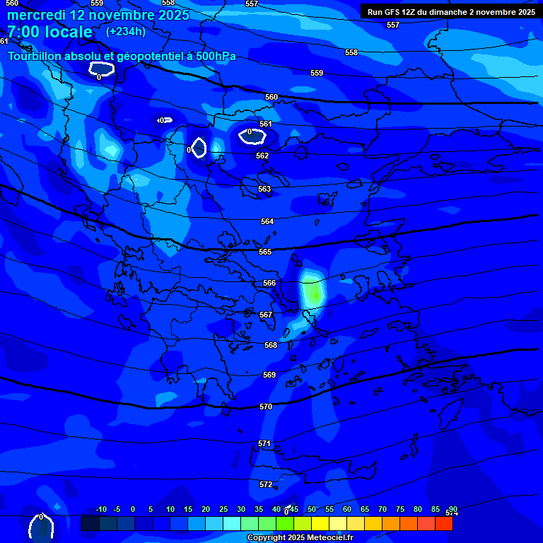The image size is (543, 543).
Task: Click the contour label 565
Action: click(x=265, y=252)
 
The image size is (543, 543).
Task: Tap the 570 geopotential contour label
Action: click(x=266, y=407)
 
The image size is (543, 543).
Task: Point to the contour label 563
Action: click(x=264, y=189)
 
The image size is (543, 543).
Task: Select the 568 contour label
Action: click(x=271, y=346)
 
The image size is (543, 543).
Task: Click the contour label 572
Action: click(x=266, y=485)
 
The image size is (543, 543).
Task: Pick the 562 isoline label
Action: click(x=262, y=156)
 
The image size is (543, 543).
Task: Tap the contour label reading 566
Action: click(x=269, y=284)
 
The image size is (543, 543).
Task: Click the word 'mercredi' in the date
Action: click(x=36, y=15)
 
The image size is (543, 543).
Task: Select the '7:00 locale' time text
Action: click(x=49, y=32)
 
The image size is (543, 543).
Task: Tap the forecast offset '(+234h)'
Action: click(x=126, y=32)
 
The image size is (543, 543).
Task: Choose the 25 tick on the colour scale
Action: click(x=223, y=510)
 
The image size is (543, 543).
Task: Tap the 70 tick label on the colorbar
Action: click(x=383, y=510)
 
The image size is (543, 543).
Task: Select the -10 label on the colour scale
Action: click(x=100, y=510)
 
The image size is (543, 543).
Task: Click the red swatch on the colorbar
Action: click(x=443, y=524)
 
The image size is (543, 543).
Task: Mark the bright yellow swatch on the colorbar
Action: click(x=320, y=524)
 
